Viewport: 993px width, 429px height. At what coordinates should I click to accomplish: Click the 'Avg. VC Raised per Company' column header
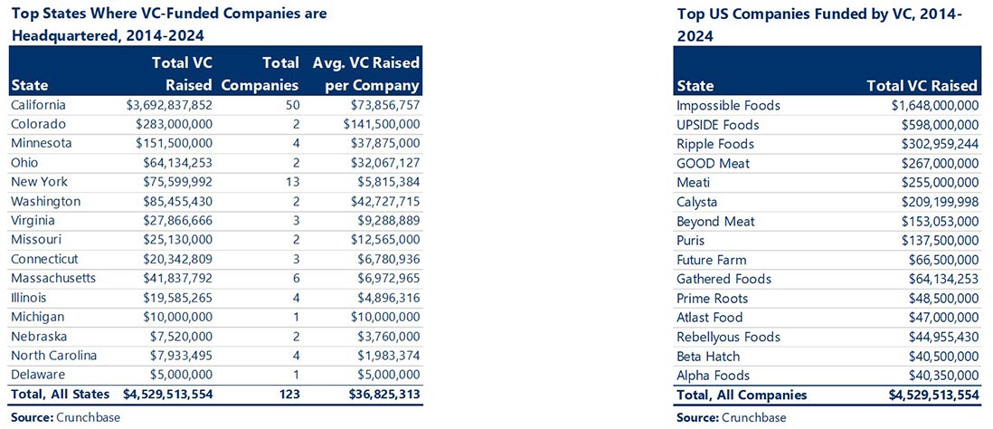tap(366, 74)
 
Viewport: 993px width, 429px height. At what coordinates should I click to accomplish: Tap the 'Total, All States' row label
tap(60, 394)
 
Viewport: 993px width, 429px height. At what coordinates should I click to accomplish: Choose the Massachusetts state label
tap(52, 278)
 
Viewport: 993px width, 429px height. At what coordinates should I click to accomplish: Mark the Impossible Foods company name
tap(728, 106)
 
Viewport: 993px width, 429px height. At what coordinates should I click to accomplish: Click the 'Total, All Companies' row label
tap(741, 395)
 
